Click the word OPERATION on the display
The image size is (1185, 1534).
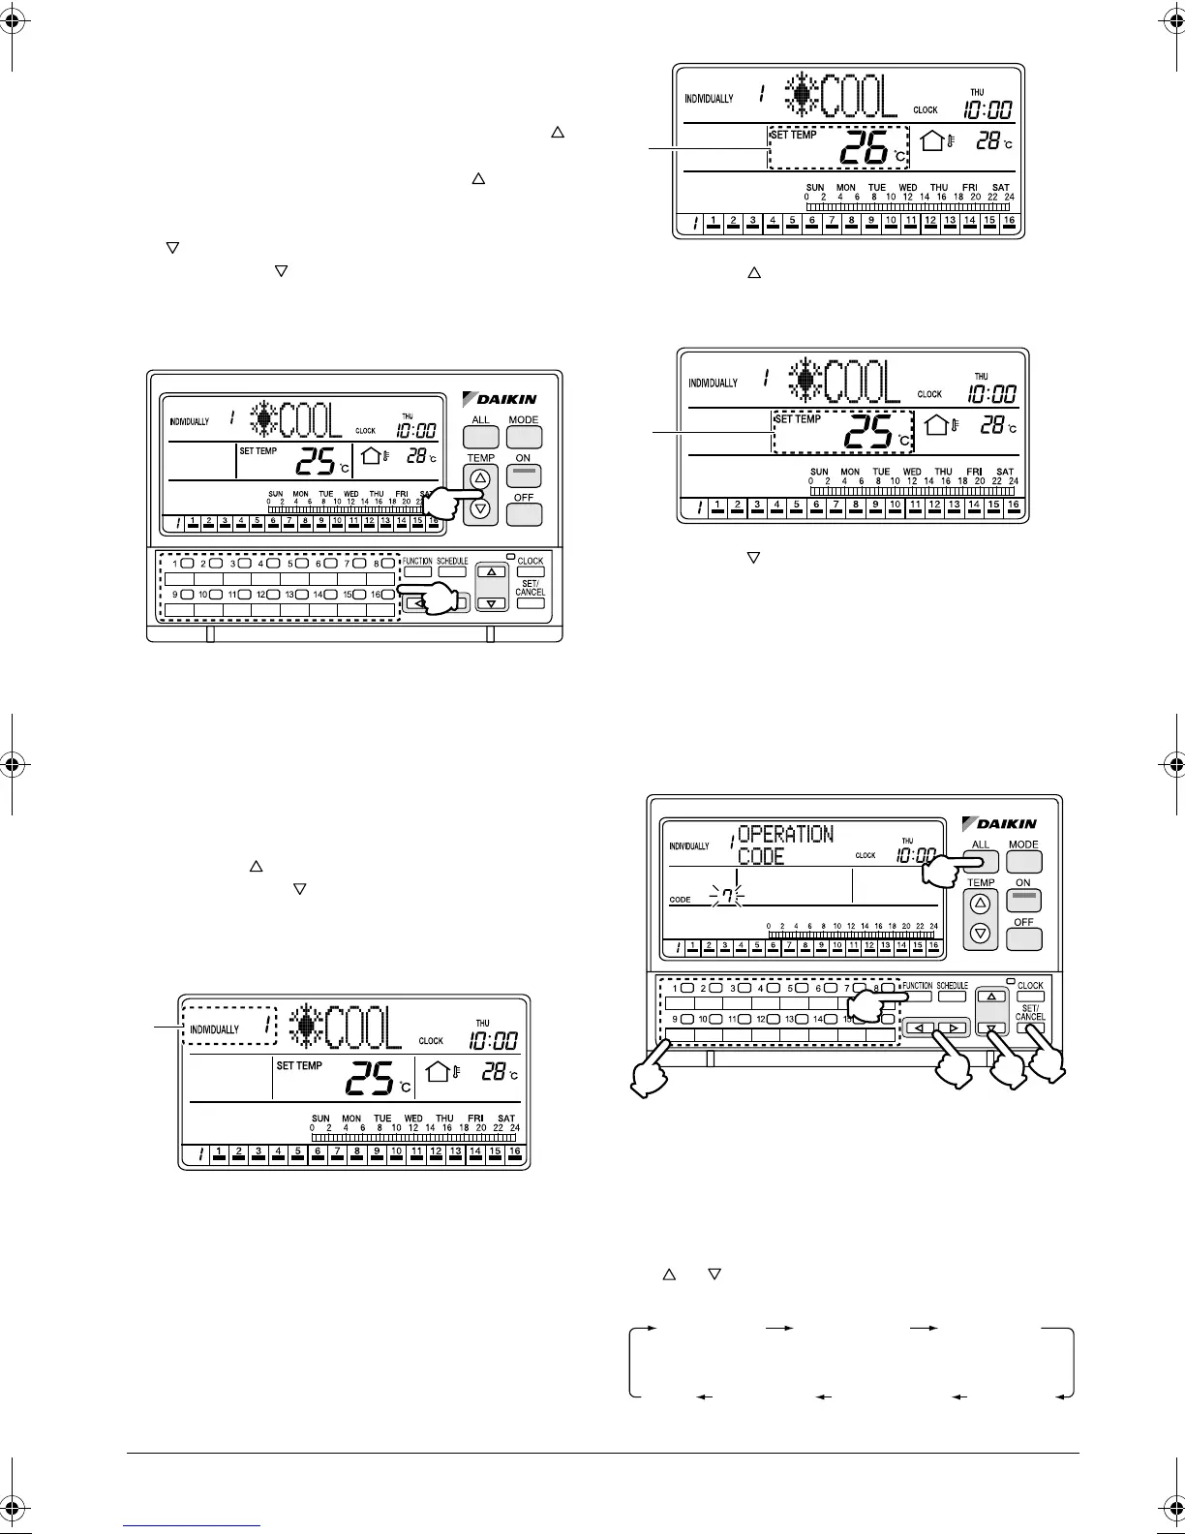[785, 834]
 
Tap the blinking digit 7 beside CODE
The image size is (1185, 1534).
[725, 898]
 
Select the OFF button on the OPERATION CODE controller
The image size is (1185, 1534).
[1024, 937]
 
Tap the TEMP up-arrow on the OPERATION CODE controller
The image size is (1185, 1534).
[981, 904]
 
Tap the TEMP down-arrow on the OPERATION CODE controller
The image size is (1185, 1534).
[981, 934]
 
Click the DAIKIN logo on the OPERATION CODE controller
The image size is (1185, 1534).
[999, 823]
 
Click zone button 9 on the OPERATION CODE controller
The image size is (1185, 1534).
[686, 1019]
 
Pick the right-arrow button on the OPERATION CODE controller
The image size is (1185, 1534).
[954, 1028]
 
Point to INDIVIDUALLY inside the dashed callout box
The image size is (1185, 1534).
[214, 1028]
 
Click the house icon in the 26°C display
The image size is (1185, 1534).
[932, 141]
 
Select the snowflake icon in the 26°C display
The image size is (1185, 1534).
[802, 97]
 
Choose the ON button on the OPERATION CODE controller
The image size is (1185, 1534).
[1024, 899]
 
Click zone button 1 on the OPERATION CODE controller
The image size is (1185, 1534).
[686, 989]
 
